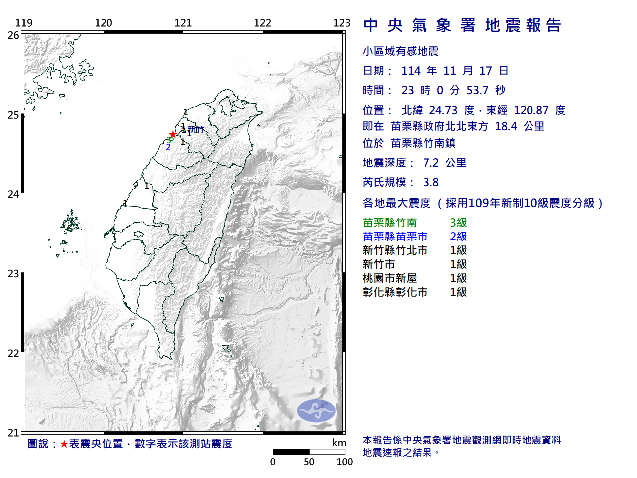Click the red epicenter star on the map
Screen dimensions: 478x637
[x=173, y=134]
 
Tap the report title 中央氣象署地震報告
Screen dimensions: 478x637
[x=462, y=25]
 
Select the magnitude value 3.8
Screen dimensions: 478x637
[x=431, y=182]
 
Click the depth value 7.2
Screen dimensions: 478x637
[x=431, y=163]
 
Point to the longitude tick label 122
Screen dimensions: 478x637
[x=262, y=23]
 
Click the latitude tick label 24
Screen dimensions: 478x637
[x=13, y=194]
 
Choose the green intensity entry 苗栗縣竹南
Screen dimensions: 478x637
[x=390, y=223]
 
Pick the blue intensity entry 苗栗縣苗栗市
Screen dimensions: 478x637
[x=395, y=237]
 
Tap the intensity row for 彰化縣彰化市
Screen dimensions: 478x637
[x=415, y=292]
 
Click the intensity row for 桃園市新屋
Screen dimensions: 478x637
[x=415, y=278]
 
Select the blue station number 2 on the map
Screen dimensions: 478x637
[x=168, y=147]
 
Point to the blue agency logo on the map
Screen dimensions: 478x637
[x=317, y=411]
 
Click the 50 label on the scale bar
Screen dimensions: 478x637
[x=309, y=462]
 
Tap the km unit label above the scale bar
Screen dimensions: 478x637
[x=339, y=443]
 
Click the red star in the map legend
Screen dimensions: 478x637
[x=64, y=444]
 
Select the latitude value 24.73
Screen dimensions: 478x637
[x=443, y=110]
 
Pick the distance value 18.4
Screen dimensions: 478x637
[x=506, y=126]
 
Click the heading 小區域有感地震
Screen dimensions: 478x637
[x=401, y=51]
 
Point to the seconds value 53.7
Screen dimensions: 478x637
[x=477, y=90]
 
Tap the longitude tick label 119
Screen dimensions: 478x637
[x=24, y=23]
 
